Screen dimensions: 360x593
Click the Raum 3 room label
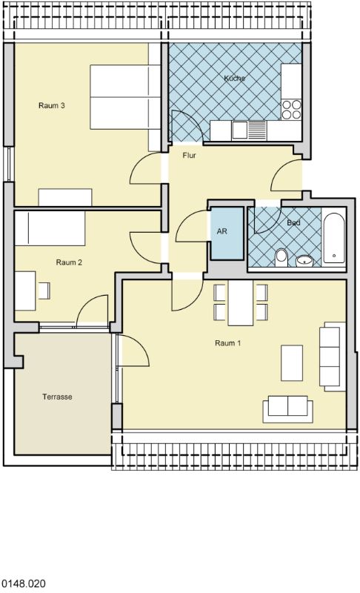52,105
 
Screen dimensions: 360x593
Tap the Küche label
235,79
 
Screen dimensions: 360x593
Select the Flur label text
189,156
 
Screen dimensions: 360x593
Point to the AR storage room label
221,231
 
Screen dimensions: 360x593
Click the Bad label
293,223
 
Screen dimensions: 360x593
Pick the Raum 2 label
69,262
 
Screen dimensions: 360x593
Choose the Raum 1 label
228,343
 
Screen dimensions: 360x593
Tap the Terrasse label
58,397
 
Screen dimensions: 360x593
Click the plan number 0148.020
24,583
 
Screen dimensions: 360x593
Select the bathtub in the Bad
334,238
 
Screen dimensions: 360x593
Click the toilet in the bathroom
281,257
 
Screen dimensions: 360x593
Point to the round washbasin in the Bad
304,261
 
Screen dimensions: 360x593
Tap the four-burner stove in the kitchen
291,109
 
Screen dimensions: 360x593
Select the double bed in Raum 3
125,97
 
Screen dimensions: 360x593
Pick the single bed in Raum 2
50,228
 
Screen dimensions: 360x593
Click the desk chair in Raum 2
44,291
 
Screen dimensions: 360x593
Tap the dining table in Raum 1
241,302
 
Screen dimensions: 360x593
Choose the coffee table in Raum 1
292,362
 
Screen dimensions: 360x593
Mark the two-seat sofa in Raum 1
288,409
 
